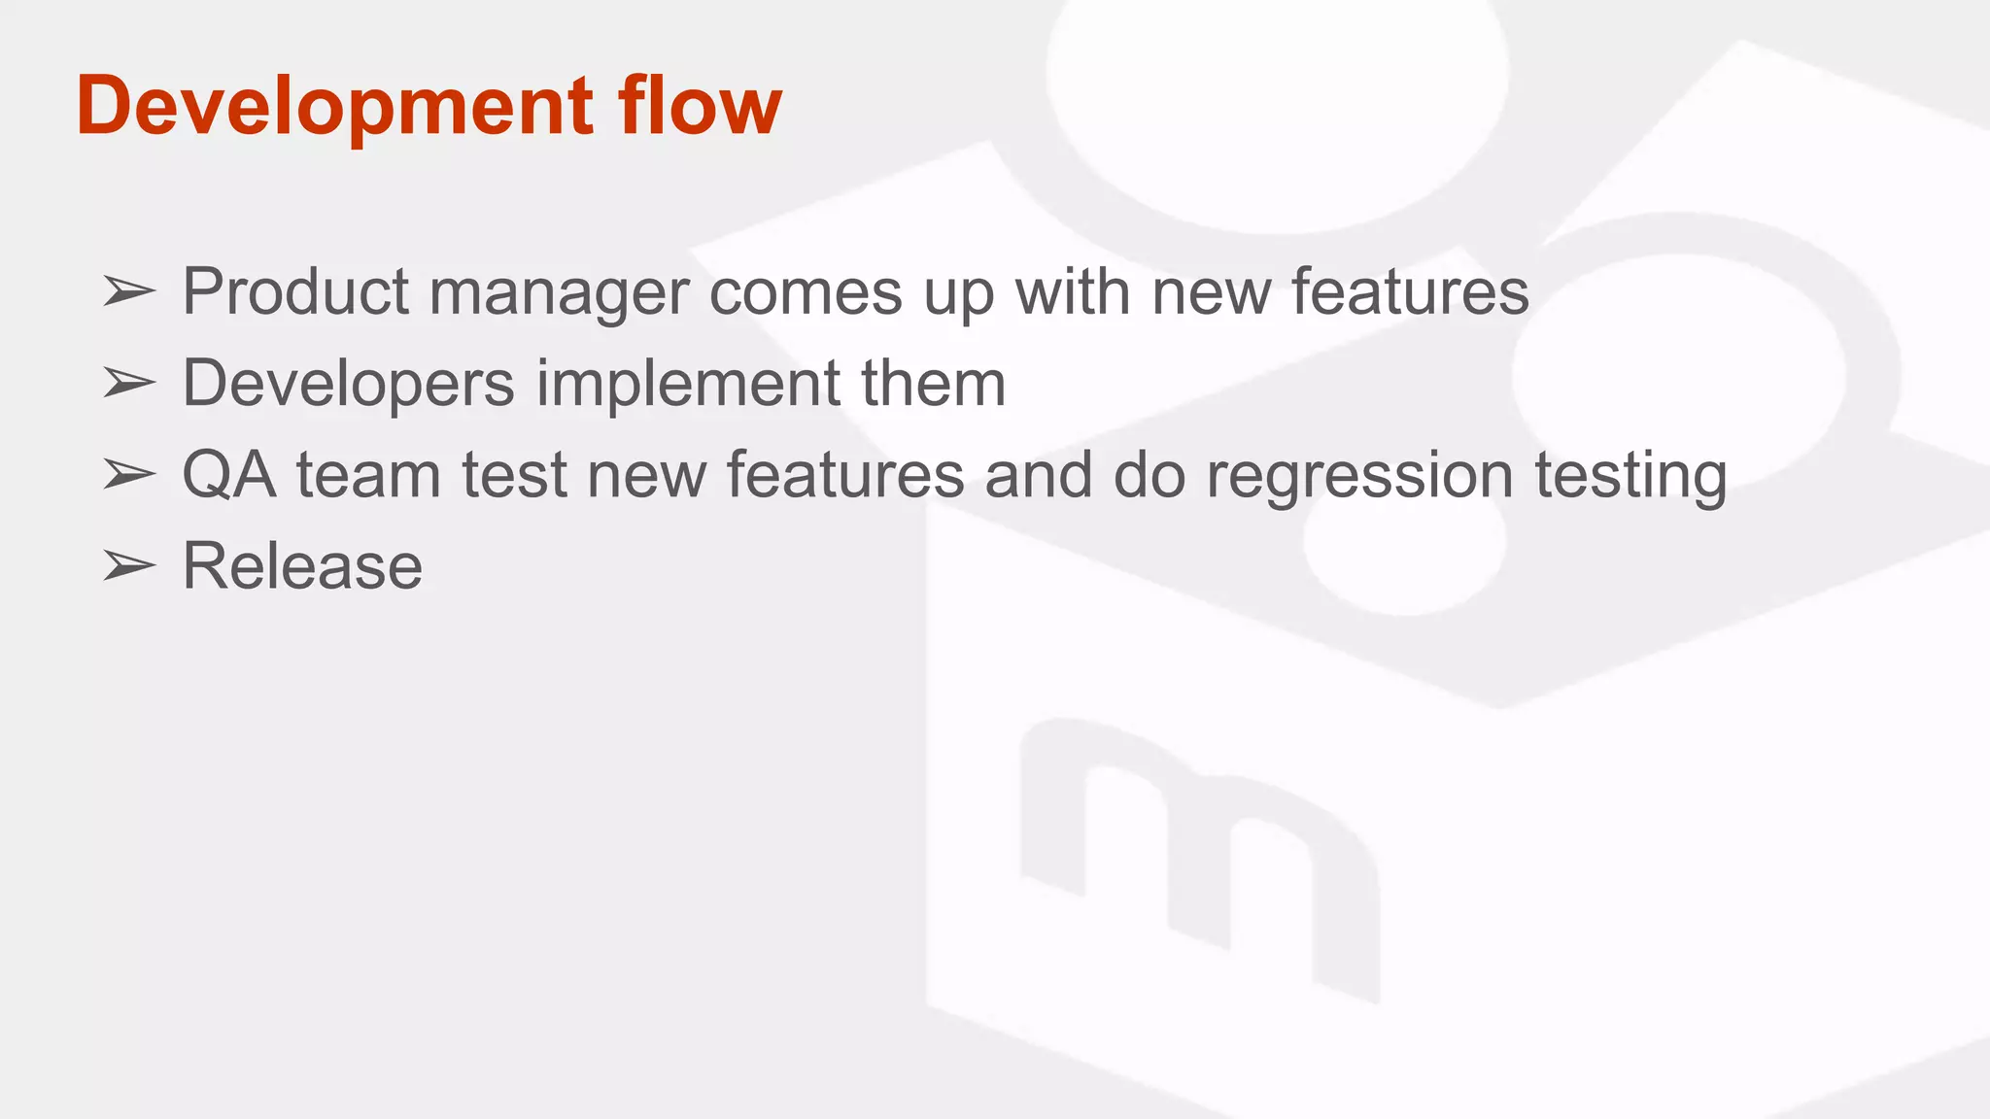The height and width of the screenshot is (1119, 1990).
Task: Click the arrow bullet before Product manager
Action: (x=129, y=291)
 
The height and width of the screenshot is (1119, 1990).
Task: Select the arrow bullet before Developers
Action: (x=129, y=384)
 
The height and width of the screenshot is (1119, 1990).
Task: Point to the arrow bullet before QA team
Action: (x=129, y=475)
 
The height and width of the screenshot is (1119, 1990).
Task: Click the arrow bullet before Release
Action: (x=129, y=566)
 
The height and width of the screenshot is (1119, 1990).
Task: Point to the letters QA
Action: (x=229, y=475)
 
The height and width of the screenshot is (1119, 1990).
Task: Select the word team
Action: (x=368, y=475)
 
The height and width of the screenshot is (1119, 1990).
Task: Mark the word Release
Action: (x=302, y=566)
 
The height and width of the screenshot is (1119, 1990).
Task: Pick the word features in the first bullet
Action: (x=1409, y=291)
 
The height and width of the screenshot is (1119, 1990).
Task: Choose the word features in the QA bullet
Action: (x=845, y=475)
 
